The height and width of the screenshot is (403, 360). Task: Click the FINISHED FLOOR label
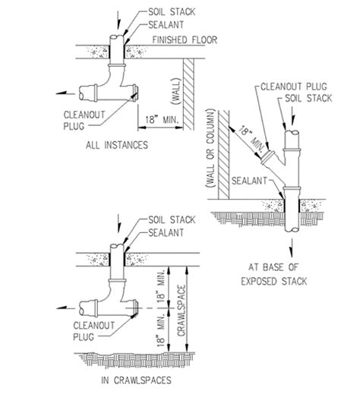click(x=185, y=39)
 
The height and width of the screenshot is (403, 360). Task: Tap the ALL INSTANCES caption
click(x=117, y=145)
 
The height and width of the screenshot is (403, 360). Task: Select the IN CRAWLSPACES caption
click(x=136, y=380)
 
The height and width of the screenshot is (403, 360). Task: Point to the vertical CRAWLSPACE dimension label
click(x=182, y=310)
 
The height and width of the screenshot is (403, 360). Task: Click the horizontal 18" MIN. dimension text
click(x=162, y=120)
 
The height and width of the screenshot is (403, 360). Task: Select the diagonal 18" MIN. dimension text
click(x=251, y=139)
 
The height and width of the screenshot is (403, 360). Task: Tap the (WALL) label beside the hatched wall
click(x=176, y=91)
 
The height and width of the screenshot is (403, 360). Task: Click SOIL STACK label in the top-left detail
click(x=172, y=12)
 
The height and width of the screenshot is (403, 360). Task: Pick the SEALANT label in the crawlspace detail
click(x=166, y=233)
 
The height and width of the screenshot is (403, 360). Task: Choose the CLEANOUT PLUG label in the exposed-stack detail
click(x=294, y=87)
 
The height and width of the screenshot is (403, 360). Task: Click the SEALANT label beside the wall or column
click(x=249, y=181)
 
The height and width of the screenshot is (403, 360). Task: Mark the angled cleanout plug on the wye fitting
click(x=267, y=158)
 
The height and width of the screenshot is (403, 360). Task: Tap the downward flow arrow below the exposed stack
click(x=292, y=247)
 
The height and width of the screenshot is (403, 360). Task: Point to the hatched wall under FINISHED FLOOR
click(x=188, y=94)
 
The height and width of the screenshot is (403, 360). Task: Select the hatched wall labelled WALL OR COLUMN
click(x=223, y=155)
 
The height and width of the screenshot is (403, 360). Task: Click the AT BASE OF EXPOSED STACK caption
click(x=274, y=274)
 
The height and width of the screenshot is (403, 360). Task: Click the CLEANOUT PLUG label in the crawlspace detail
click(x=93, y=331)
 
